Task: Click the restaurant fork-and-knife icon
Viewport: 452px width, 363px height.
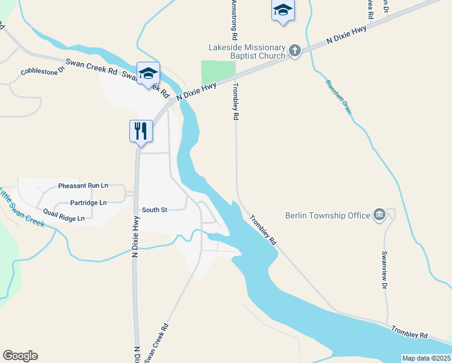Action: pyautogui.click(x=141, y=130)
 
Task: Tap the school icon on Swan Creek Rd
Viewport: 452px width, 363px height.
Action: pyautogui.click(x=148, y=74)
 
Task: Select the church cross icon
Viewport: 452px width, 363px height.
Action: pyautogui.click(x=294, y=51)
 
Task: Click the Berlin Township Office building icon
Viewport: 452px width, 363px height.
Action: pyautogui.click(x=379, y=215)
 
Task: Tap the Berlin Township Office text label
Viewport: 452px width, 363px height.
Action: pyautogui.click(x=328, y=215)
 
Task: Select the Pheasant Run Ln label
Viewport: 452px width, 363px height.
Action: pyautogui.click(x=83, y=186)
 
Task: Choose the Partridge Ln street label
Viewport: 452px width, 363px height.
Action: pyautogui.click(x=88, y=202)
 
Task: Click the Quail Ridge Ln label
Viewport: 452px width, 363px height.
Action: pyautogui.click(x=64, y=214)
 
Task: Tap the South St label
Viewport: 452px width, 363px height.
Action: pyautogui.click(x=154, y=210)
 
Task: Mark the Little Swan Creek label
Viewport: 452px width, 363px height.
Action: pyautogui.click(x=21, y=209)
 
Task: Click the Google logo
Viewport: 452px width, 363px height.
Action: pyautogui.click(x=20, y=356)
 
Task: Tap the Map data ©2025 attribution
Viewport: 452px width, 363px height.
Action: pyautogui.click(x=426, y=358)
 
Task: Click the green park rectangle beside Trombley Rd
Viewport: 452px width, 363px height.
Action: pyautogui.click(x=217, y=72)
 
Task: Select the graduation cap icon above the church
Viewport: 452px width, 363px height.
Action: pyautogui.click(x=283, y=10)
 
